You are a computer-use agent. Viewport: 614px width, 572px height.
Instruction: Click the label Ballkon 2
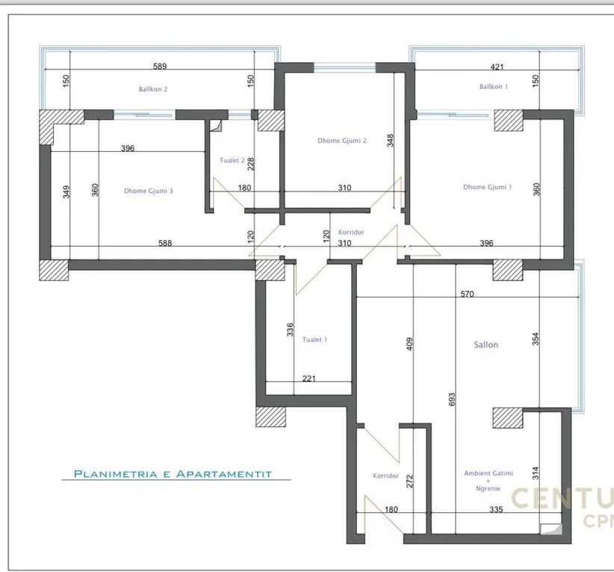(152, 89)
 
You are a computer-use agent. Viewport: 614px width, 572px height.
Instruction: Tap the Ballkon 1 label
(494, 87)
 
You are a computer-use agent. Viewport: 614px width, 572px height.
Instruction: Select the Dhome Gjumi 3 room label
(149, 191)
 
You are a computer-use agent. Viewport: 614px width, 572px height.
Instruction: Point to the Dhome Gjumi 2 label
(341, 141)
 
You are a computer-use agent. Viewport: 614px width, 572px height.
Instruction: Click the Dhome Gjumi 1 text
(487, 187)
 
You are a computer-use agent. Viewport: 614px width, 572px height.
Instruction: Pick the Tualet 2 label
(232, 160)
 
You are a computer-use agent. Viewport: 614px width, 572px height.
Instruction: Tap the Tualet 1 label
(314, 339)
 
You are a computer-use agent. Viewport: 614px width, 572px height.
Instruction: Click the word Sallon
(486, 345)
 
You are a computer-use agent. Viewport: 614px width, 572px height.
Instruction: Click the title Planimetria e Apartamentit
(172, 473)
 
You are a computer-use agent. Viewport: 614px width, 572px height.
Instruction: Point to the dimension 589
(158, 67)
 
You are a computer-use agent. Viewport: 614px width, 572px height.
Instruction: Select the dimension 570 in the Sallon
(467, 294)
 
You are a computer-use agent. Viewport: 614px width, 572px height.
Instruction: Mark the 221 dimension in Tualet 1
(309, 378)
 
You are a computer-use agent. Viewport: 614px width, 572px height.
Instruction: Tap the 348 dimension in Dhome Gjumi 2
(389, 140)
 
